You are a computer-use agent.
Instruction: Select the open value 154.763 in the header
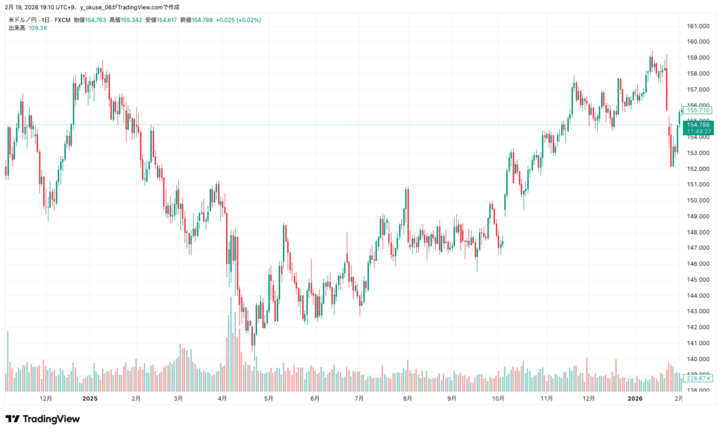(96, 20)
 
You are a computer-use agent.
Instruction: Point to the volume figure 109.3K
(37, 28)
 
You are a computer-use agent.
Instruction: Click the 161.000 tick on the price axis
(698, 26)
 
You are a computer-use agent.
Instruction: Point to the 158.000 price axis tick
(698, 73)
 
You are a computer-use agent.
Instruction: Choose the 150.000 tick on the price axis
(698, 200)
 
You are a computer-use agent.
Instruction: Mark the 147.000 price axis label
(698, 248)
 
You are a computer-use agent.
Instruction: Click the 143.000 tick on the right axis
(698, 311)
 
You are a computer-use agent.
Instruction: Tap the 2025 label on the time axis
(89, 398)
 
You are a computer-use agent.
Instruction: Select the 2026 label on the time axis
(635, 398)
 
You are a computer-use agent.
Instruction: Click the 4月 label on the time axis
(222, 398)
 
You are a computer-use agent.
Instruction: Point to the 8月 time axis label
(408, 398)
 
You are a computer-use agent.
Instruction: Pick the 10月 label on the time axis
(498, 398)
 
